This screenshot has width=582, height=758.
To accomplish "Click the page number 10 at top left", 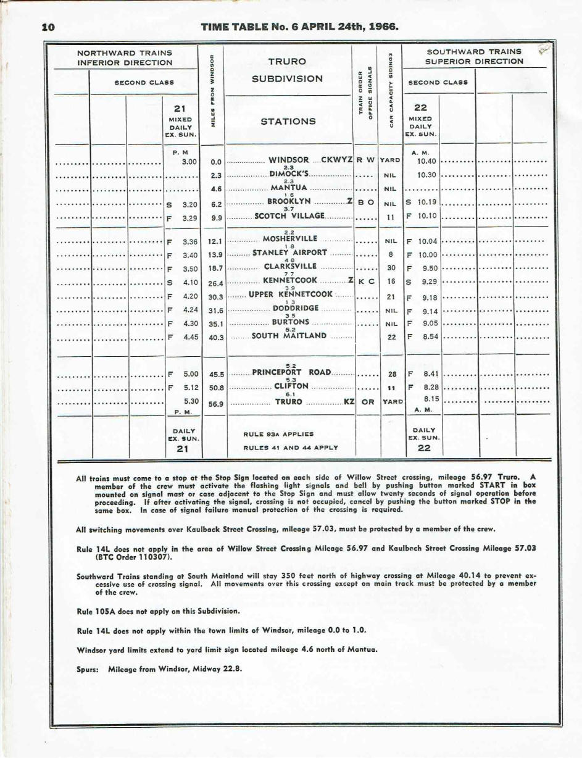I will click(48, 27).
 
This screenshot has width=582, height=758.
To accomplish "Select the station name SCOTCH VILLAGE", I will click(289, 216).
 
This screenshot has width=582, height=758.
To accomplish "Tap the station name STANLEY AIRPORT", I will click(289, 252).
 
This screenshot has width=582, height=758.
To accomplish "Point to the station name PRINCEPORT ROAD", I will click(291, 372).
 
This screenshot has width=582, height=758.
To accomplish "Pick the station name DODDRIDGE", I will click(295, 307).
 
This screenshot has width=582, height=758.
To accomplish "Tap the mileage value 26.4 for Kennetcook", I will click(216, 283).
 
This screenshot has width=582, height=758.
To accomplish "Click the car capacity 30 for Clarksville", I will click(391, 268).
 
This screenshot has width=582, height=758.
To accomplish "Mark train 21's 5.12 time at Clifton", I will click(189, 387).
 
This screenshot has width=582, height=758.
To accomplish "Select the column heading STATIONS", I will click(288, 121).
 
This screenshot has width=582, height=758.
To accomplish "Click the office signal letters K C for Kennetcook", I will click(367, 281).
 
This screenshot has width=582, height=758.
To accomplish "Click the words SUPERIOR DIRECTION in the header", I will click(475, 61).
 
